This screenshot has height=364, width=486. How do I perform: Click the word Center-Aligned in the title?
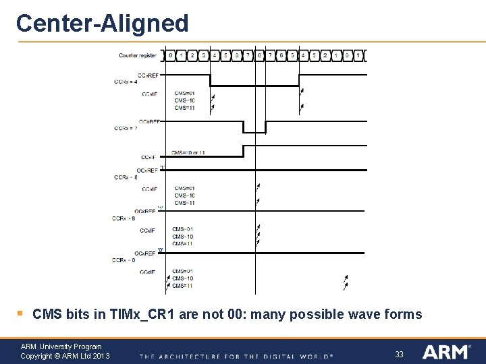(102, 23)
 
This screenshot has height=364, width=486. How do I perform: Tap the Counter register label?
(138, 55)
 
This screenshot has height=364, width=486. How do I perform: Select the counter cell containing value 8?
(260, 55)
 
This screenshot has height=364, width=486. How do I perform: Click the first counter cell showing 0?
(171, 55)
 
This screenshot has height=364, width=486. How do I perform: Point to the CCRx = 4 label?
(126, 82)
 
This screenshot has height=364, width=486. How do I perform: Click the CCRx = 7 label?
(126, 127)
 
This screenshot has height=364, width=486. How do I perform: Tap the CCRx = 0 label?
(125, 260)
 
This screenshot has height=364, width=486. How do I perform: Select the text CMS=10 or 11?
(188, 152)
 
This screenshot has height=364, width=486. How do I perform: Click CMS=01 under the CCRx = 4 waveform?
(184, 93)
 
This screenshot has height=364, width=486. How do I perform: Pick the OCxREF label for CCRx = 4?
(148, 75)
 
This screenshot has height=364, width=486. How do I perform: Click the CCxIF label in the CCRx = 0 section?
(147, 272)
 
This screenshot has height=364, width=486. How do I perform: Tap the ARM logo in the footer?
(446, 352)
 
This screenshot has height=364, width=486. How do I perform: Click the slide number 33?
(399, 354)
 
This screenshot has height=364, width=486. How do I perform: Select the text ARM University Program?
(61, 346)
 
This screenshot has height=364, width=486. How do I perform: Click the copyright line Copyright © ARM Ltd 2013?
(65, 356)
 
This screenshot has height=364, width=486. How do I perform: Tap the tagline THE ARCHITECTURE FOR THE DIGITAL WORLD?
(236, 356)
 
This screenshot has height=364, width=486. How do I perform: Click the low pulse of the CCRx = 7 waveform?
(254, 131)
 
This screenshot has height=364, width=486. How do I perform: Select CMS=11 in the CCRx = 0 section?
(182, 286)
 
